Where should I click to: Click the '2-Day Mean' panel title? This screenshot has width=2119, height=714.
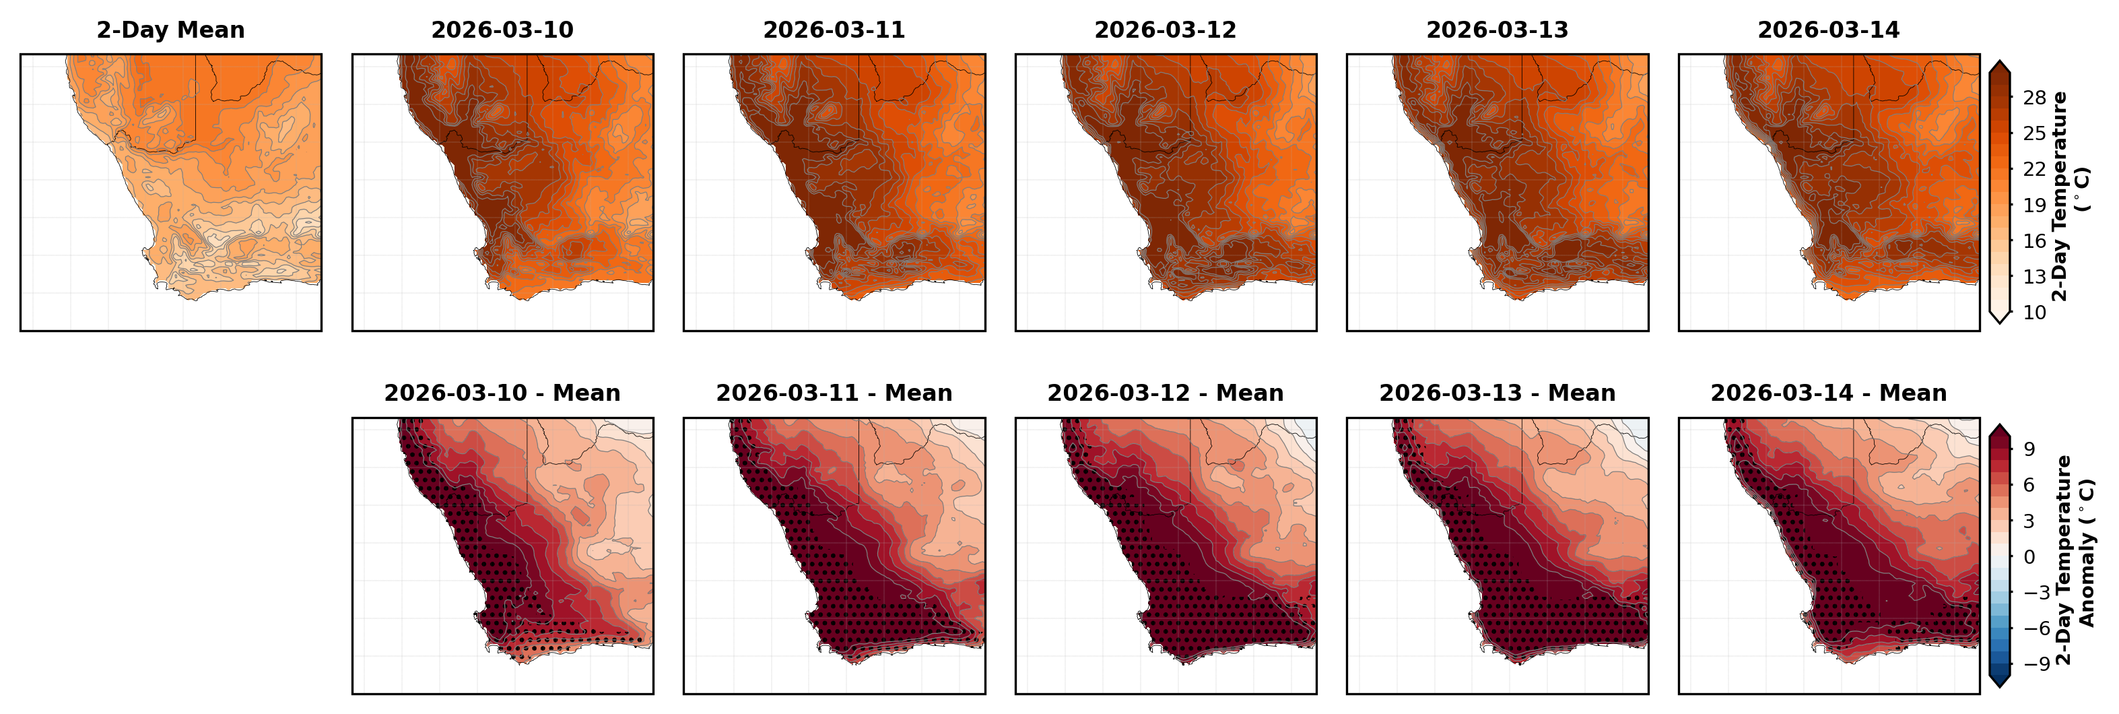170,30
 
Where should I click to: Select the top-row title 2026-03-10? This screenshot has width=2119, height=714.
502,30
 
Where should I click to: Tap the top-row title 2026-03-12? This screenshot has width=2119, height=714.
1165,30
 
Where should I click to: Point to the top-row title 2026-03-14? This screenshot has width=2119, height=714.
1828,30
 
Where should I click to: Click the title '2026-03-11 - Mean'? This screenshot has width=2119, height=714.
834,393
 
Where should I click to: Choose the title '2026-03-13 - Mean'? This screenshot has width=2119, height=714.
1497,393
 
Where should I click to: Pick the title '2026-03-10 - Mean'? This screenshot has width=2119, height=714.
502,393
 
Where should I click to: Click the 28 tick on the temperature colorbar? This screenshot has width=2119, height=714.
2034,98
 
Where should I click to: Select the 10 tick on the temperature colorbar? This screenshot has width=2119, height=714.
2034,313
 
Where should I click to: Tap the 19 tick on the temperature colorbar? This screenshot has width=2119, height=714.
2034,205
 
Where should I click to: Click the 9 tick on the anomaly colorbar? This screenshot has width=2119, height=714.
2029,449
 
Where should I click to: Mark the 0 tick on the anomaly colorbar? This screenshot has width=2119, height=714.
2029,557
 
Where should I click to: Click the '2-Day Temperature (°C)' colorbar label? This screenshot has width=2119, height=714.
2070,196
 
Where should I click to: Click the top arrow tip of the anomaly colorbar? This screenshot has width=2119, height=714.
2000,425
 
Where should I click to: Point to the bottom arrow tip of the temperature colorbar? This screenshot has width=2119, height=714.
2000,323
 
